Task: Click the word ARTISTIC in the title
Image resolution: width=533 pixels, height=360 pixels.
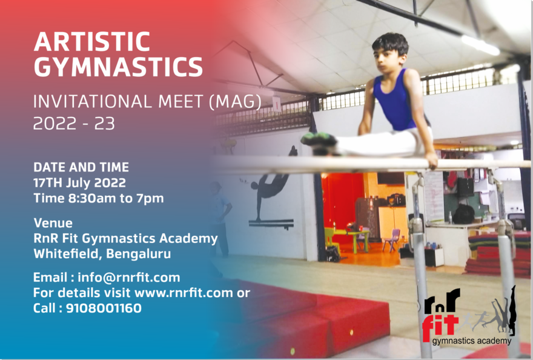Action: (92, 42)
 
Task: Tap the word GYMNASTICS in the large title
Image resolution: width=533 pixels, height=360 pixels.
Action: (118, 67)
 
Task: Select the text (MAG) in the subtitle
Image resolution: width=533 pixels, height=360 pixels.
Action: (235, 101)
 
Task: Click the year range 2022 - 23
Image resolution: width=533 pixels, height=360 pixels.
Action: (74, 123)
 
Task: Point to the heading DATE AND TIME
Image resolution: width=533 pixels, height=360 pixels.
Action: (81, 167)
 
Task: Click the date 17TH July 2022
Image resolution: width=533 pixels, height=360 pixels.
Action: (79, 182)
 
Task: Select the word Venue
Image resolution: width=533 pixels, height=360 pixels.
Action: (53, 223)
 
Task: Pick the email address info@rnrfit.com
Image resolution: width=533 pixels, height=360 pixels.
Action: (129, 278)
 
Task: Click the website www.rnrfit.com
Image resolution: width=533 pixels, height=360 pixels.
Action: (184, 293)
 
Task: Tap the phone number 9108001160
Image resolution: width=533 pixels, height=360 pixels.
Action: (104, 308)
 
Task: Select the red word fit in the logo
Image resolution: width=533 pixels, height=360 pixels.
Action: (440, 327)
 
